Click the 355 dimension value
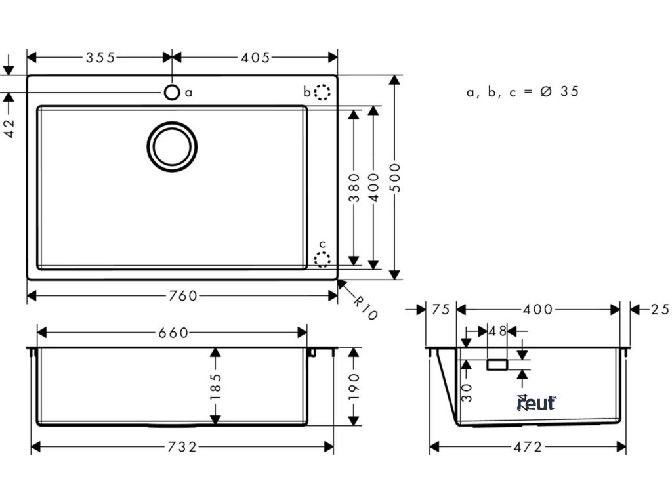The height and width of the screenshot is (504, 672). coord(100,58)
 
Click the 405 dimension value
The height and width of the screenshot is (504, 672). coord(256,58)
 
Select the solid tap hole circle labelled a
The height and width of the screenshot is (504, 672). coord(171,92)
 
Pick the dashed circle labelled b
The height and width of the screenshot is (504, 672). coord(322,92)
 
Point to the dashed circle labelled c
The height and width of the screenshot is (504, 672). coord(322,259)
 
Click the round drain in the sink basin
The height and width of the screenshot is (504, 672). coord(172,146)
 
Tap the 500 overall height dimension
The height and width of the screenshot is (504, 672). coord(395,177)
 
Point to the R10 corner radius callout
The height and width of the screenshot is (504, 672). coord(364,308)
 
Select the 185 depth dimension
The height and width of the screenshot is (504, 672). coord(215,387)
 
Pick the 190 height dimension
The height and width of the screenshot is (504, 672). coord(354,387)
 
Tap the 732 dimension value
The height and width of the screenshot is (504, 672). coord(182,447)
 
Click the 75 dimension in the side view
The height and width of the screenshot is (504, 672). coord(441,310)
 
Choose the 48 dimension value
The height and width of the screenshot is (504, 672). coord(498,331)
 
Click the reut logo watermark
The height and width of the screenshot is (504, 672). coord(537,402)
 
